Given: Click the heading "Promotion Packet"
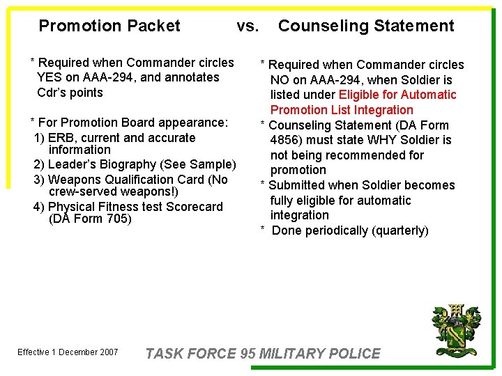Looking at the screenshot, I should [x=109, y=26].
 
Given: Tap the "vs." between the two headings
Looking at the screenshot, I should [x=248, y=26].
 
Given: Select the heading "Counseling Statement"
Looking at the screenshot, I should [x=366, y=26].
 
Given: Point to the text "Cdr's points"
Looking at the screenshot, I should [x=70, y=93].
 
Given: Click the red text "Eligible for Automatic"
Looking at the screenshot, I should [x=397, y=95].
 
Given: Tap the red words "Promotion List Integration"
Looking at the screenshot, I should [x=342, y=110].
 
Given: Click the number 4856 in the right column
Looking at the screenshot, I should [x=286, y=140].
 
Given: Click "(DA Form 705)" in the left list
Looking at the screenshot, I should [x=90, y=219].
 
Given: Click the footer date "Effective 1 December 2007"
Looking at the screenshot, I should [x=68, y=352].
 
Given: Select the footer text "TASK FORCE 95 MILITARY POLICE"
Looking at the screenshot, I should [x=263, y=354].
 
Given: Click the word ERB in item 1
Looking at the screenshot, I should [x=60, y=138].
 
